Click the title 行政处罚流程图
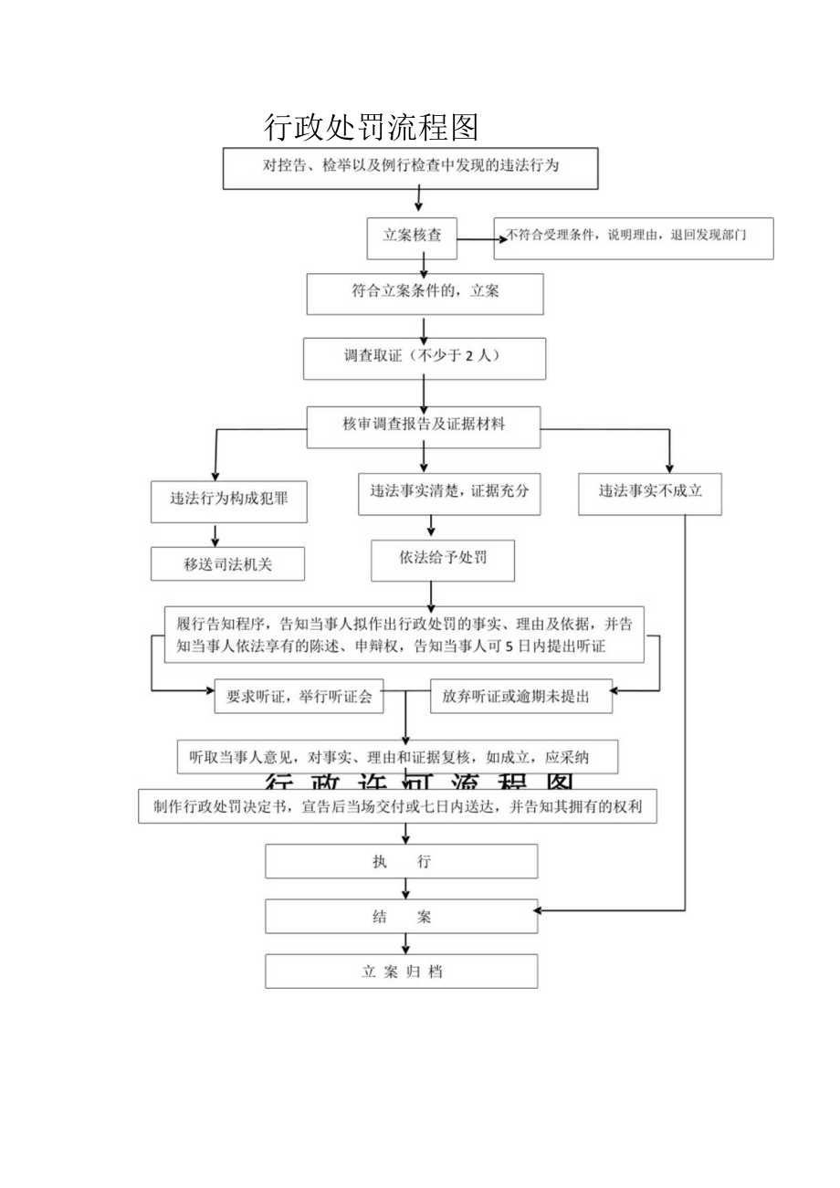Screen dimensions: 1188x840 click(371, 127)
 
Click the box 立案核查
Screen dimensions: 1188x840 click(412, 236)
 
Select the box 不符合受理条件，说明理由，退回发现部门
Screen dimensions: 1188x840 click(633, 237)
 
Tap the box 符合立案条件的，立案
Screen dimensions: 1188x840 click(425, 293)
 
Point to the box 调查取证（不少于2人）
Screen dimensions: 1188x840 click(425, 358)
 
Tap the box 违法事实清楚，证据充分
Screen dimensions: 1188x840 click(449, 491)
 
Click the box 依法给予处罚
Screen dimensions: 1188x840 click(443, 560)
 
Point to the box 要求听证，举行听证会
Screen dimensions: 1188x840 click(299, 696)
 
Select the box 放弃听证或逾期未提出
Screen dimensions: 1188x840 click(521, 696)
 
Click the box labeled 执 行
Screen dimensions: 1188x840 click(402, 861)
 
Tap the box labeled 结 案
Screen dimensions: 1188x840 click(402, 917)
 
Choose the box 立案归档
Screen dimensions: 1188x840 click(402, 972)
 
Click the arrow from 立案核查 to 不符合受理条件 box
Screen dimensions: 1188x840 click(480, 239)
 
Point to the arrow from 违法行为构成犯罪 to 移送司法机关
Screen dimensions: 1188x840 click(216, 535)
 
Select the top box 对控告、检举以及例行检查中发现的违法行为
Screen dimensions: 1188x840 click(411, 167)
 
